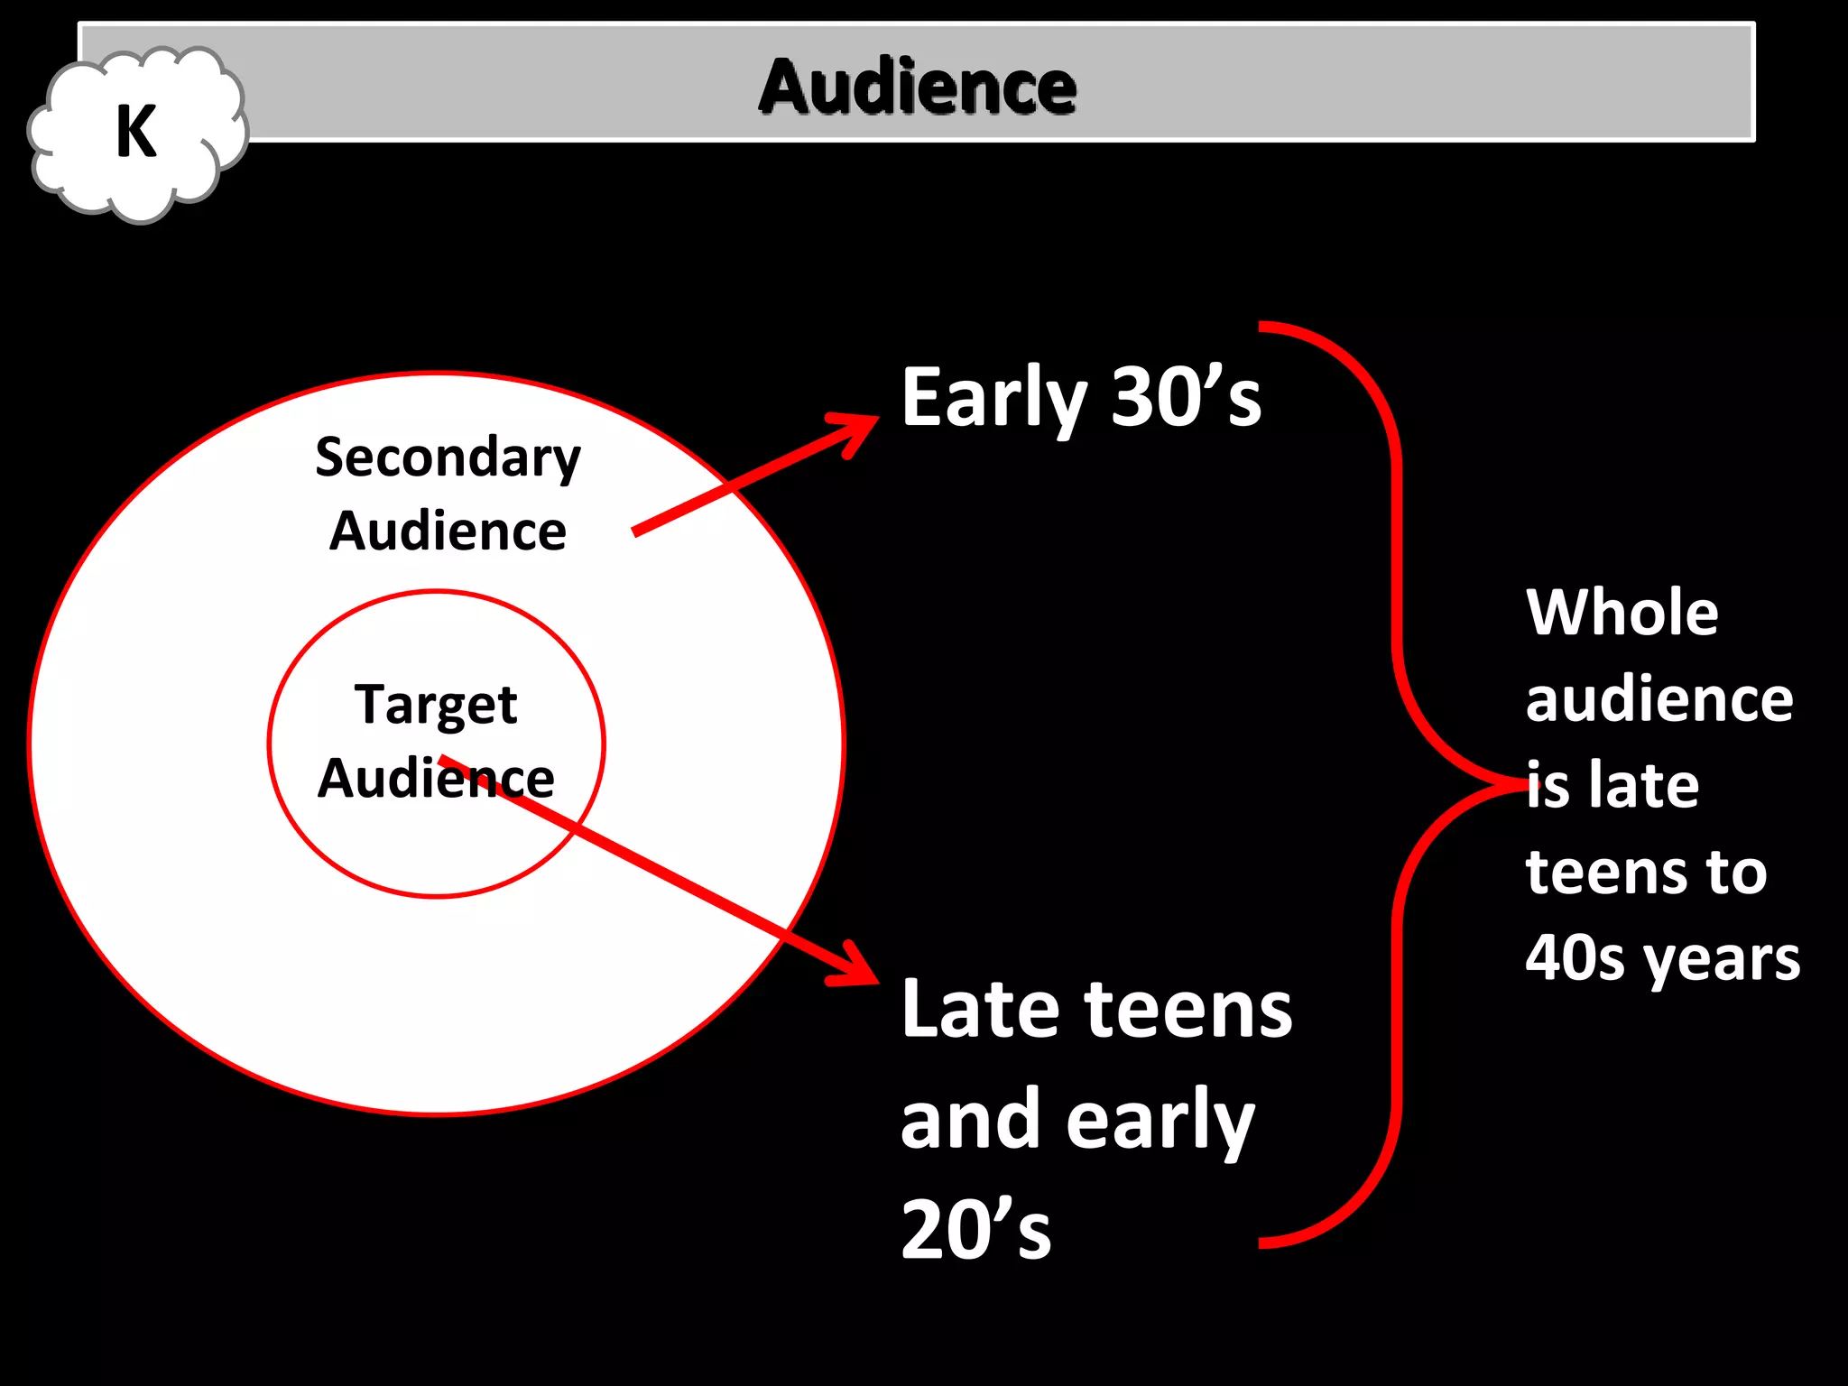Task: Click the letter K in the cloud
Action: click(136, 132)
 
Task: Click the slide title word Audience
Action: click(917, 87)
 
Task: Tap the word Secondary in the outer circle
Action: click(448, 457)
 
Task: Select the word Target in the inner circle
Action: click(436, 705)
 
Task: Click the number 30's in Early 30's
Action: click(1186, 397)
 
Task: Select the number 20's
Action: click(975, 1230)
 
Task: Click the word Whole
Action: click(1622, 613)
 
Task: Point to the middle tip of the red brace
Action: click(1525, 783)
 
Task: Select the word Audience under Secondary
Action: click(448, 531)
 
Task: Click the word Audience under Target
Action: click(436, 778)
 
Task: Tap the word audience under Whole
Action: click(1659, 699)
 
